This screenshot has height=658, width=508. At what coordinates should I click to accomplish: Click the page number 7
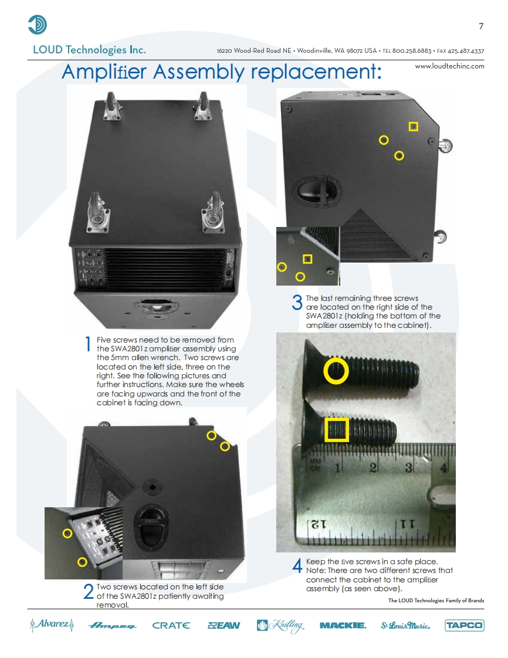[481, 26]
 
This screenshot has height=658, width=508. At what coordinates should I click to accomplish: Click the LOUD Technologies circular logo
[38, 25]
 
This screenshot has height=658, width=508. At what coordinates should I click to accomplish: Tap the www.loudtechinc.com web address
[449, 66]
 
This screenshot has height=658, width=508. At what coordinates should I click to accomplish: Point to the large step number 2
[88, 593]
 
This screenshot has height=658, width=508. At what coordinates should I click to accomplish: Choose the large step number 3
[297, 303]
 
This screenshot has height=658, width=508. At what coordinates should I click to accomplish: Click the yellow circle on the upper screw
[336, 371]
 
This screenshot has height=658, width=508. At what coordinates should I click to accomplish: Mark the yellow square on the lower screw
[337, 429]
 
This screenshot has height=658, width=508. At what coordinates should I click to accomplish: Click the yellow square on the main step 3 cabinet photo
[414, 127]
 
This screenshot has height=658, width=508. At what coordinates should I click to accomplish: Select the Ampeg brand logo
[112, 626]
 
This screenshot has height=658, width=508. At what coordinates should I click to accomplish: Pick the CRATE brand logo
[171, 626]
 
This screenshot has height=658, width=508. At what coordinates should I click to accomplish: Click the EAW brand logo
[224, 626]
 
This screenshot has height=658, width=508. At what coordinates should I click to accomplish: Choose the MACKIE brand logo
[343, 626]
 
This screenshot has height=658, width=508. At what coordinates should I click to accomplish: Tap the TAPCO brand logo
[464, 625]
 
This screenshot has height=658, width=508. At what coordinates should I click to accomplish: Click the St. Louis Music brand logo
[405, 626]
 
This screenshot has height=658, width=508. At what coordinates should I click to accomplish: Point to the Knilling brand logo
[280, 626]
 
